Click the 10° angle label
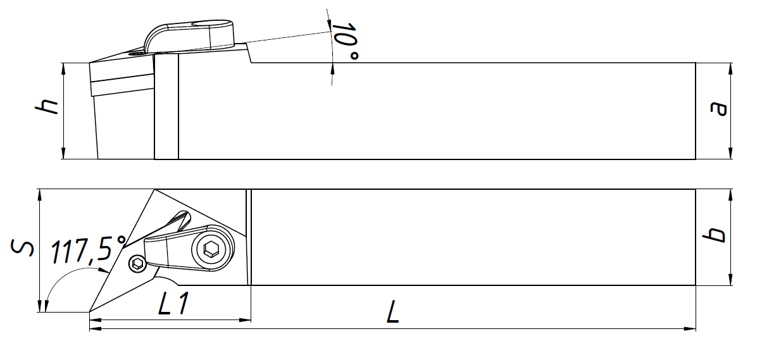pyautogui.click(x=345, y=42)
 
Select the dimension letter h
pyautogui.click(x=47, y=106)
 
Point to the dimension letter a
pyautogui.click(x=718, y=109)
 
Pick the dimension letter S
pyautogui.click(x=22, y=247)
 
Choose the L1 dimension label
pyautogui.click(x=173, y=303)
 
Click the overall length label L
pyautogui.click(x=393, y=311)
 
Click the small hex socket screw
pyautogui.click(x=137, y=263)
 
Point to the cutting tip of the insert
pyautogui.click(x=89, y=311)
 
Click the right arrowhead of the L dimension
pyautogui.click(x=690, y=329)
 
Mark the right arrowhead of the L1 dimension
pyautogui.click(x=245, y=320)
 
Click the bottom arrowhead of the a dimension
pyautogui.click(x=730, y=153)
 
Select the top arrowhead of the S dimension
pyautogui.click(x=40, y=196)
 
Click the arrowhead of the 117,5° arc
pyautogui.click(x=103, y=270)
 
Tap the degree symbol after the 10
pyautogui.click(x=354, y=56)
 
